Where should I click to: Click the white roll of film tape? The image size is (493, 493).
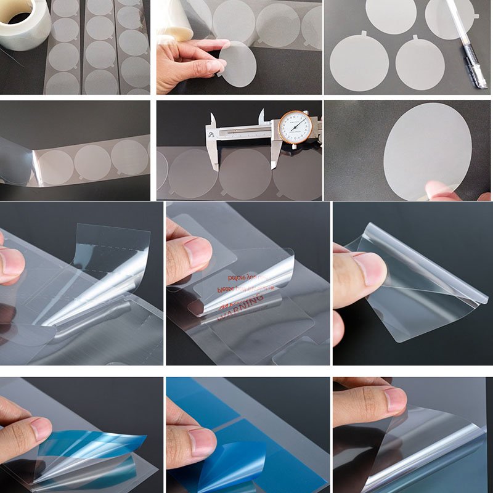(x=25, y=28)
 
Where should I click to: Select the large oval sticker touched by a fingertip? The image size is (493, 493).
(x=425, y=148)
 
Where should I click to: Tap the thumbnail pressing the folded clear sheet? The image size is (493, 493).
(x=370, y=267)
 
